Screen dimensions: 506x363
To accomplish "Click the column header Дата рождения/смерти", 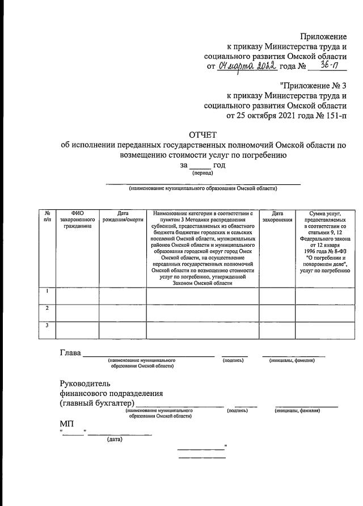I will pyautogui.click(x=123, y=216).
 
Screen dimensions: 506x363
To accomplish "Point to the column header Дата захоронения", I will pyautogui.click(x=277, y=216).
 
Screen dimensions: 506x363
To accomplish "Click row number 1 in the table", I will pyautogui.click(x=47, y=292).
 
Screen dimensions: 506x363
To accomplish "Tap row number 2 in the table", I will pyautogui.click(x=47, y=308).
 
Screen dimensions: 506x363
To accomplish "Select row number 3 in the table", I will pyautogui.click(x=47, y=325).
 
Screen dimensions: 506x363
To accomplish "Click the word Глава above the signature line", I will pyautogui.click(x=70, y=353).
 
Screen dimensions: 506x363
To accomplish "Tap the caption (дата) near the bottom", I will pyautogui.click(x=114, y=439).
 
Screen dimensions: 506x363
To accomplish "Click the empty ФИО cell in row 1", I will pyautogui.click(x=77, y=296).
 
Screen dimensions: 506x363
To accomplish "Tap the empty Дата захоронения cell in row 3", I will pyautogui.click(x=277, y=330).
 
